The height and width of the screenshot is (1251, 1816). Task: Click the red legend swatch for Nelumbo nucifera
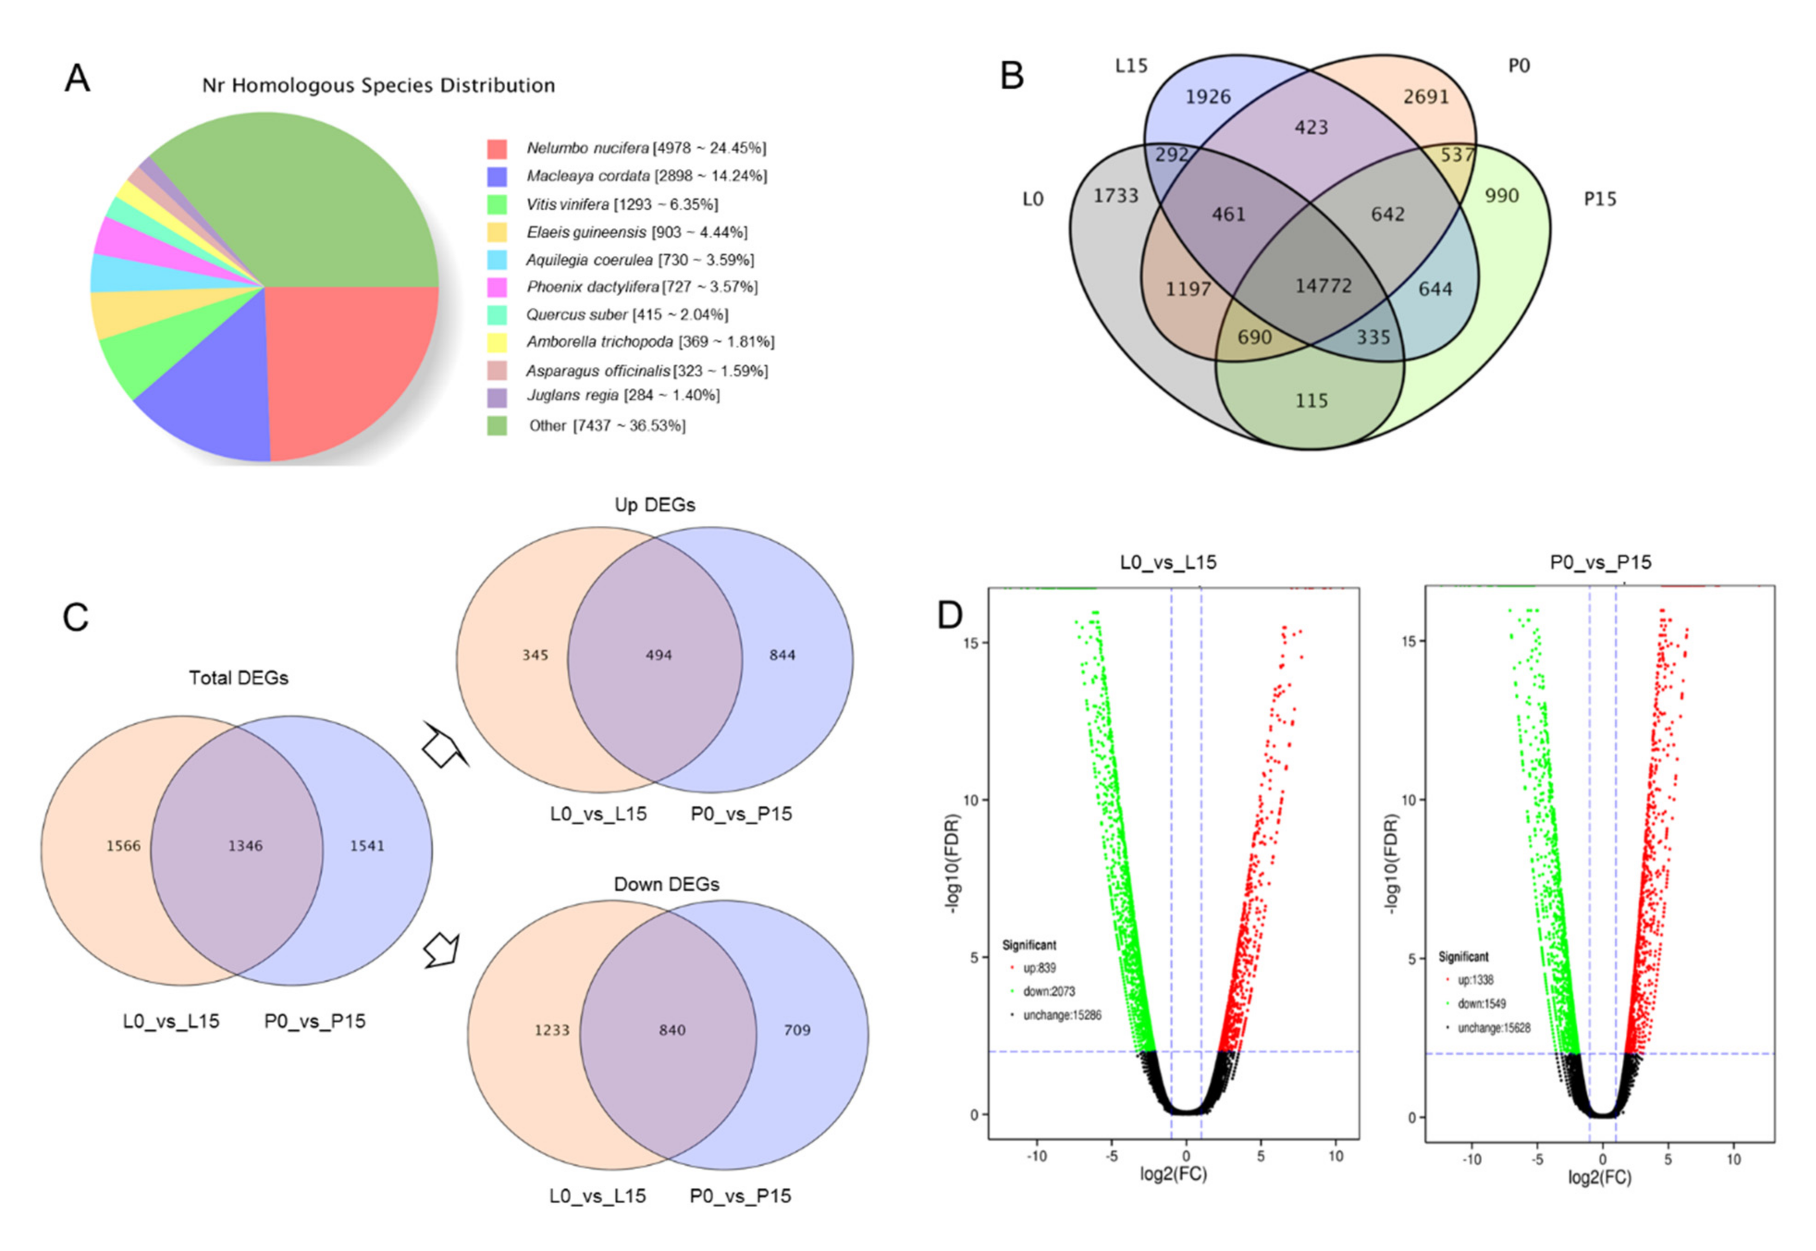496,148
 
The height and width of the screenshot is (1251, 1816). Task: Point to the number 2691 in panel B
1426,97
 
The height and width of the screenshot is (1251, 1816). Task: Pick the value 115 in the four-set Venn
1311,400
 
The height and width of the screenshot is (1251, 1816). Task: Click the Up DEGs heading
655,505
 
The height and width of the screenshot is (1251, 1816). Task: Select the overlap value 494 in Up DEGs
659,655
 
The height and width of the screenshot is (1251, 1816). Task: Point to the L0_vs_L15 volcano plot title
1168,562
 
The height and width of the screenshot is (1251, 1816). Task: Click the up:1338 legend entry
1475,980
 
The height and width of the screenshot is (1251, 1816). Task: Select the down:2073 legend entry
1048,992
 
